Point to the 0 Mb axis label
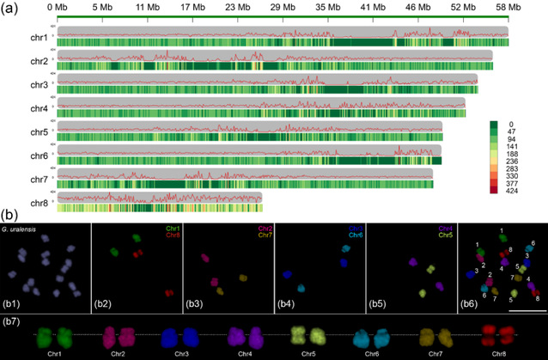58,6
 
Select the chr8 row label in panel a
40,203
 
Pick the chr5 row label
40,132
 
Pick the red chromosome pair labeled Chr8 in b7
496,334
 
